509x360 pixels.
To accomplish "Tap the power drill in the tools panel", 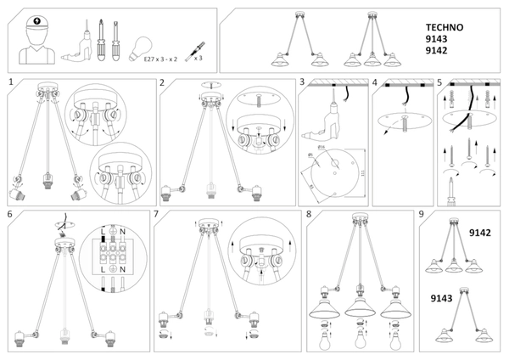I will pyautogui.click(x=74, y=43).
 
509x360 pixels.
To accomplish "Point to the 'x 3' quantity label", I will pyautogui.click(x=198, y=59).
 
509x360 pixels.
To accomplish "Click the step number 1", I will pyautogui.click(x=10, y=82).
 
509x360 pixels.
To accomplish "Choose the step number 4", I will pyautogui.click(x=375, y=82).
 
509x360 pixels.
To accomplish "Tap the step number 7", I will pyautogui.click(x=158, y=214).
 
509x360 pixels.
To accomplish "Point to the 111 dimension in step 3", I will pyautogui.click(x=361, y=172).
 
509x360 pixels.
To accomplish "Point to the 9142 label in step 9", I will pyautogui.click(x=480, y=231).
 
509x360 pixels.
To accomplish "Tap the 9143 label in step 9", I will pyautogui.click(x=443, y=298).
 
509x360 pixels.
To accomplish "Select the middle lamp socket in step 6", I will pyautogui.click(x=59, y=343).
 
